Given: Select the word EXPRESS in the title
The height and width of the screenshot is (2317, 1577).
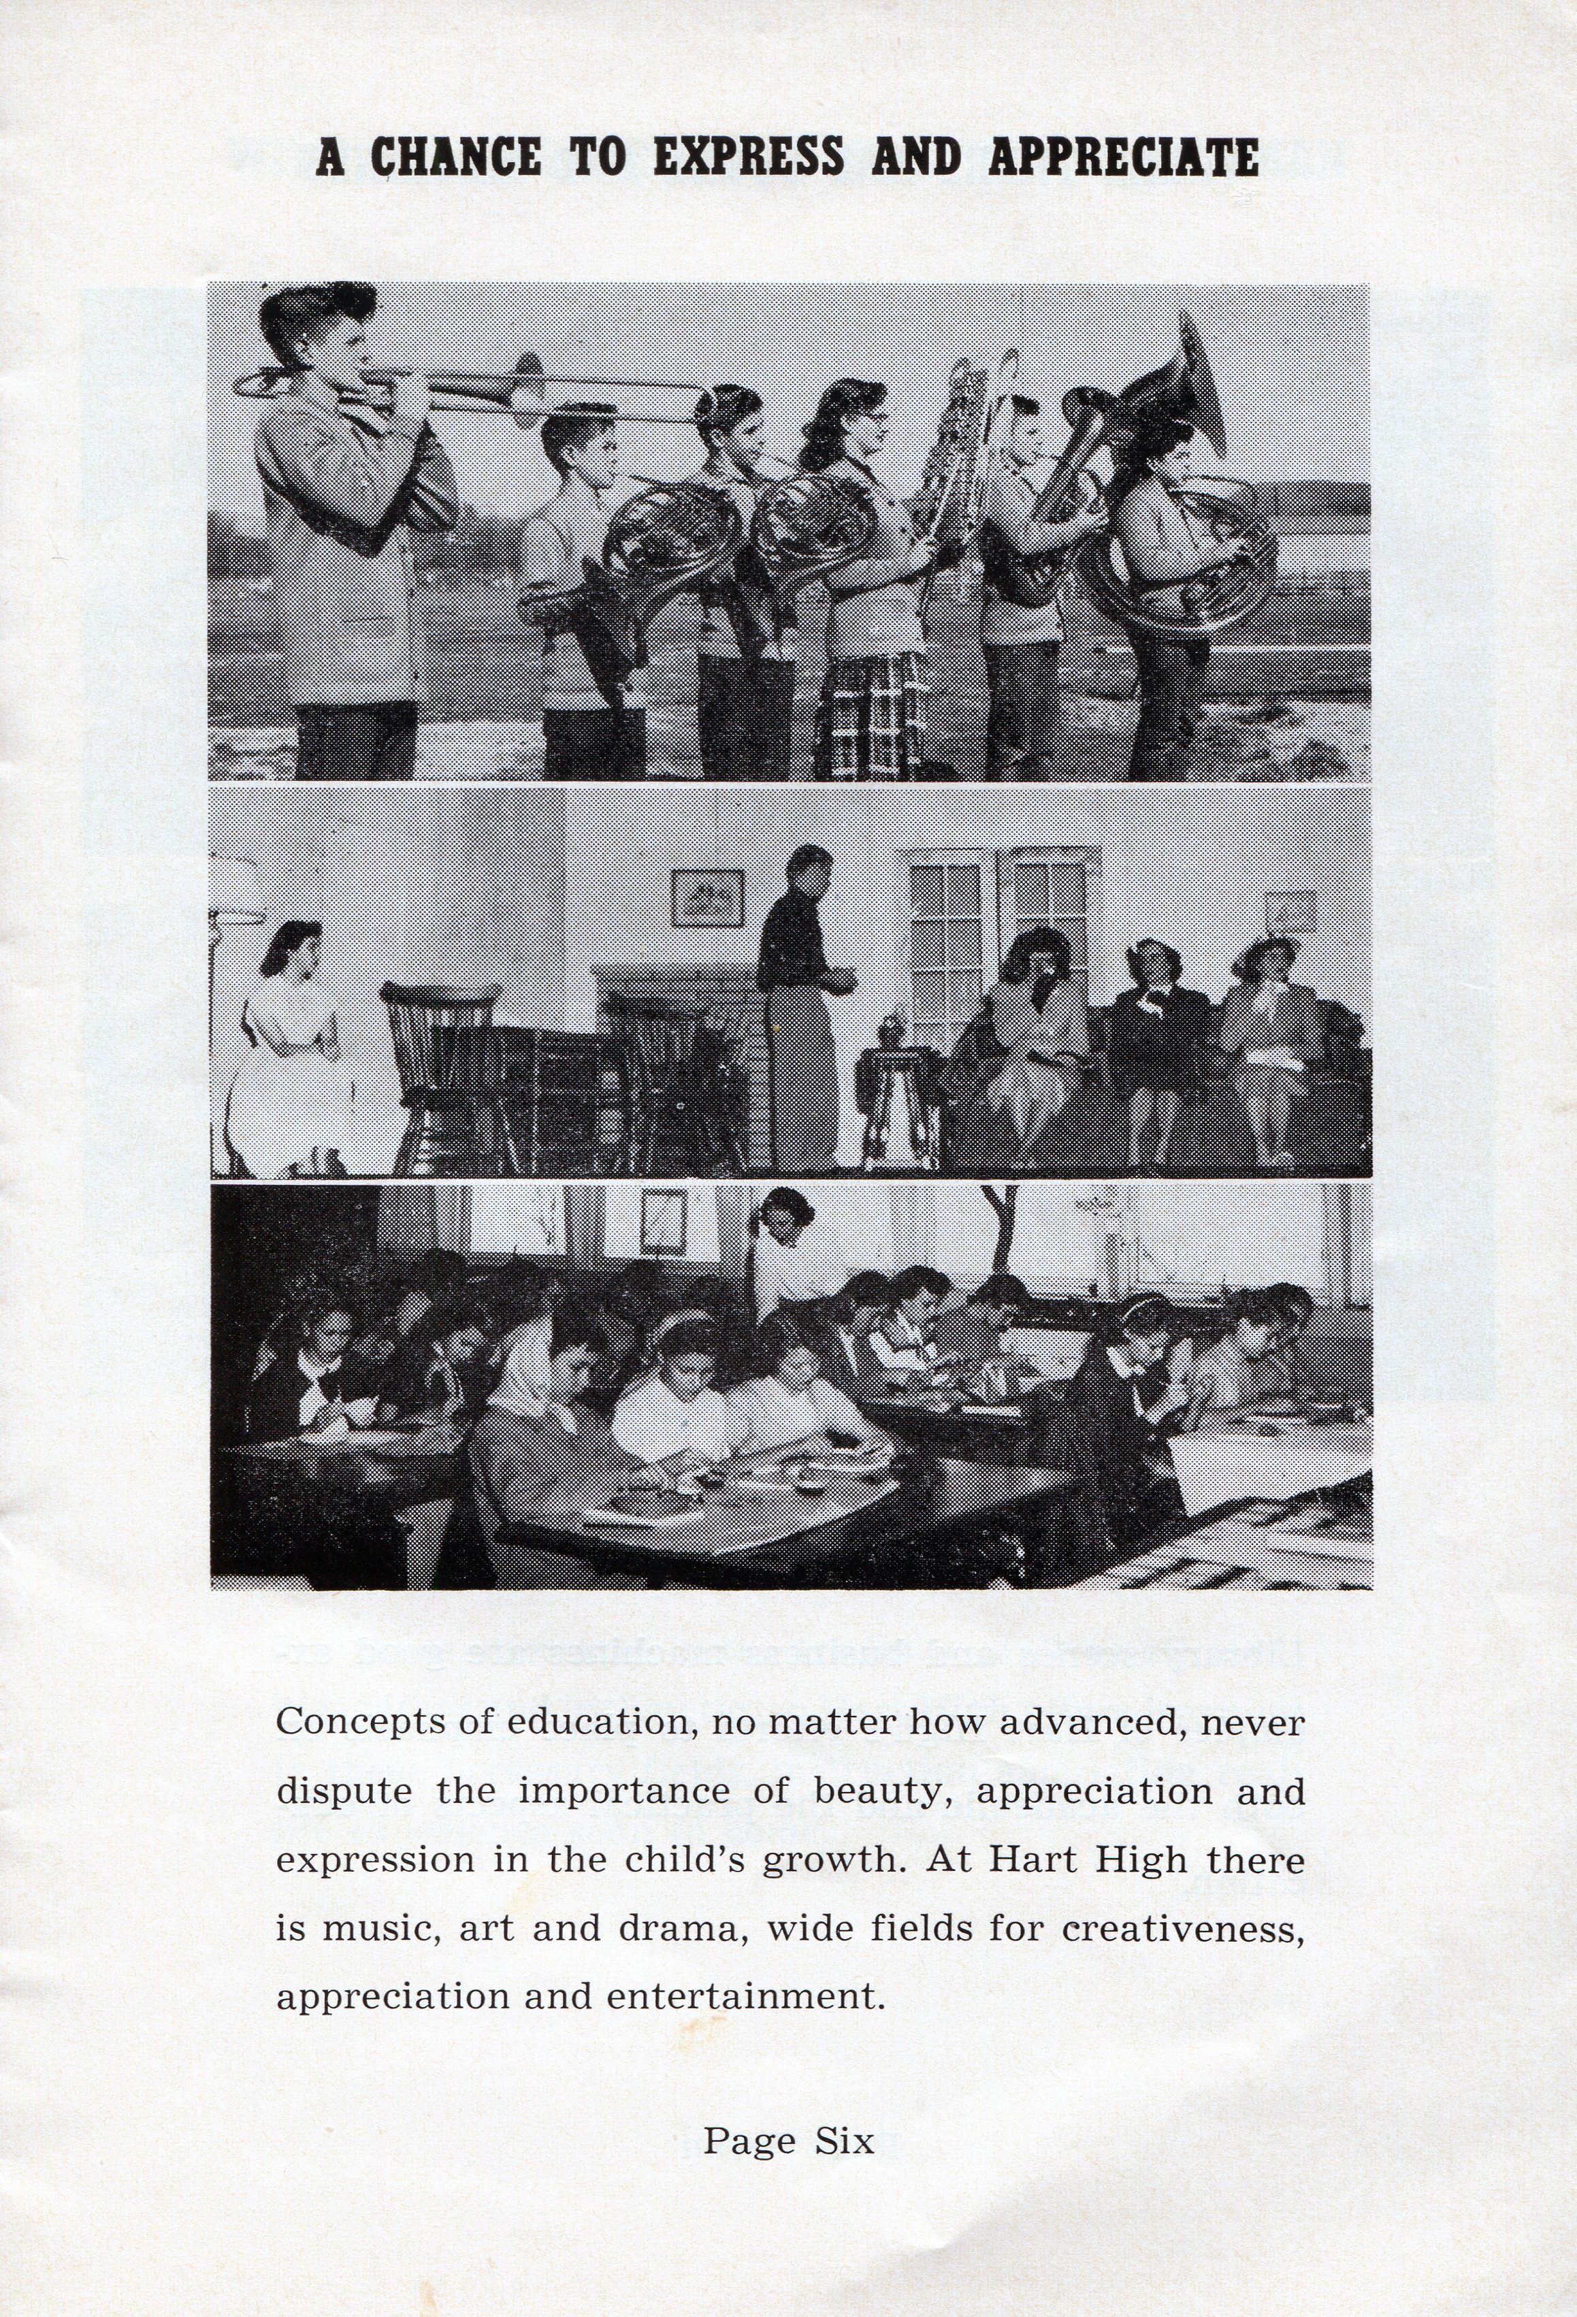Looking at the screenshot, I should tap(747, 157).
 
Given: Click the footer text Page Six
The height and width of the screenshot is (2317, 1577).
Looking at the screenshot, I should tap(788, 2141).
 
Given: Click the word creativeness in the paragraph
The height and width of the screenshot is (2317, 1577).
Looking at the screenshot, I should tap(1182, 1928).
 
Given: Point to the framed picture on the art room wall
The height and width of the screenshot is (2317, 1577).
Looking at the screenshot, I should tap(663, 1222).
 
